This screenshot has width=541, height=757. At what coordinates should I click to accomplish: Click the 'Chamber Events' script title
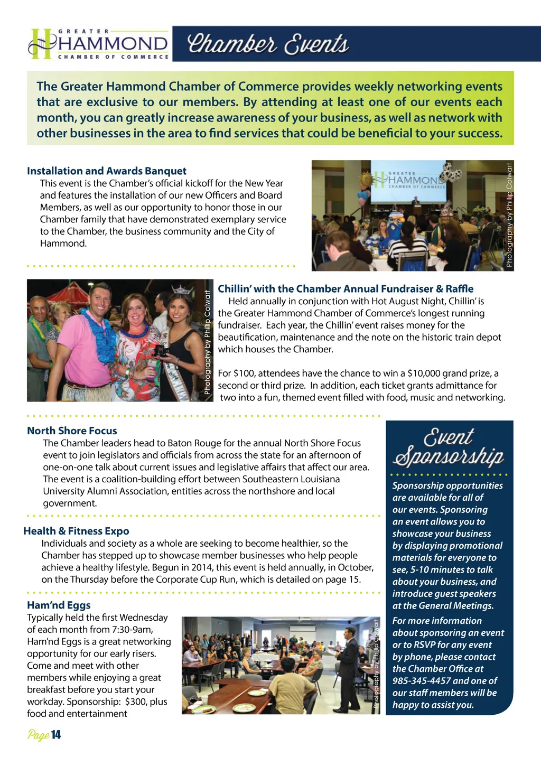pyautogui.click(x=268, y=44)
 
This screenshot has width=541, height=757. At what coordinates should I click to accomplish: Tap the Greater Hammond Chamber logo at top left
pyautogui.click(x=99, y=43)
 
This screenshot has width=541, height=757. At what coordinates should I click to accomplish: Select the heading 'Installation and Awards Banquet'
pyautogui.click(x=107, y=171)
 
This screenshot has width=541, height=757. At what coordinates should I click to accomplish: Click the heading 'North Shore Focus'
pyautogui.click(x=72, y=431)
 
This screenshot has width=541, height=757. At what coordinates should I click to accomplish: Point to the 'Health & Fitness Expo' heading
pyautogui.click(x=76, y=531)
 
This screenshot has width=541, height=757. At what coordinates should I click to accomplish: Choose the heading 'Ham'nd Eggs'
pyautogui.click(x=59, y=605)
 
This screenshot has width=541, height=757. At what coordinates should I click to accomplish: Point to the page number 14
pyautogui.click(x=56, y=735)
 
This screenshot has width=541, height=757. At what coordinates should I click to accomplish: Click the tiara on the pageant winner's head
pyautogui.click(x=182, y=289)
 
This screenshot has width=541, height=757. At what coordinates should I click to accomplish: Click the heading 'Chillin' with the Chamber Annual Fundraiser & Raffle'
pyautogui.click(x=346, y=289)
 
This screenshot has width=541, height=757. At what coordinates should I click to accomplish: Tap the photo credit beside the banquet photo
pyautogui.click(x=509, y=215)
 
